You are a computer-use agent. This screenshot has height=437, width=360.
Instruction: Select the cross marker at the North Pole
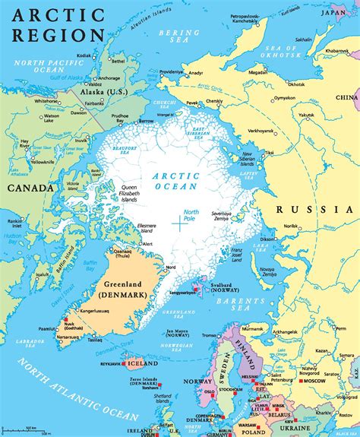click(x=179, y=223)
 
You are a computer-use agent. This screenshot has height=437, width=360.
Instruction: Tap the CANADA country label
click(x=30, y=188)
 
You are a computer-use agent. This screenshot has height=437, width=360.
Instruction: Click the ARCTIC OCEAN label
click(x=176, y=180)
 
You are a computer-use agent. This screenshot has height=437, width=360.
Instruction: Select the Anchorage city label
click(x=108, y=78)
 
